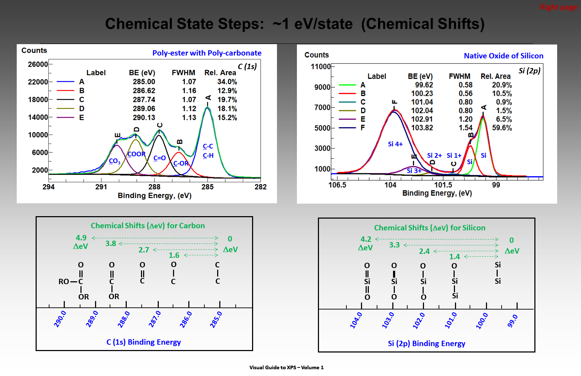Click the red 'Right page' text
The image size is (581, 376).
pos(558,7)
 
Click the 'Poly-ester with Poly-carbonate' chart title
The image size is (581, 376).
pos(207,53)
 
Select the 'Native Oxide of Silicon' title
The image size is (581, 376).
pos(503,56)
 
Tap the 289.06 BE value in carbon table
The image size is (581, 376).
pos(144,109)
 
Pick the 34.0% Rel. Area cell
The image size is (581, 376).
pos(227,82)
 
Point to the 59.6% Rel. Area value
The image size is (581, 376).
pos(502,128)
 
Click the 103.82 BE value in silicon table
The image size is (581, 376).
pos(422,128)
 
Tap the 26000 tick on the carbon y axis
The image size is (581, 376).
pos(38,64)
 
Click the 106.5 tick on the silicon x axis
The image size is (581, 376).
pos(337,185)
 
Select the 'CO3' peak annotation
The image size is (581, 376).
pos(115,161)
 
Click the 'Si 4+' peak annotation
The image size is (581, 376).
pos(395,144)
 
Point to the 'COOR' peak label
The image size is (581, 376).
pos(136,154)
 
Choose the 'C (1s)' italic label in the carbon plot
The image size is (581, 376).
pos(247,67)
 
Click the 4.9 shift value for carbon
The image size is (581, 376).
pos(81,238)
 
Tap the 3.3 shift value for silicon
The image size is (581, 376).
pos(394,245)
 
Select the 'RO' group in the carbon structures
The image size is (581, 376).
pos(64,282)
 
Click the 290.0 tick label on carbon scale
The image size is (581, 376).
pos(60,319)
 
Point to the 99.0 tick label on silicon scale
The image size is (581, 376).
pos(512,321)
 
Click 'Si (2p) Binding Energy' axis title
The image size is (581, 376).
pos(426,344)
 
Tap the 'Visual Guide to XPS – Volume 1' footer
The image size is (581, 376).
pos(286,367)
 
